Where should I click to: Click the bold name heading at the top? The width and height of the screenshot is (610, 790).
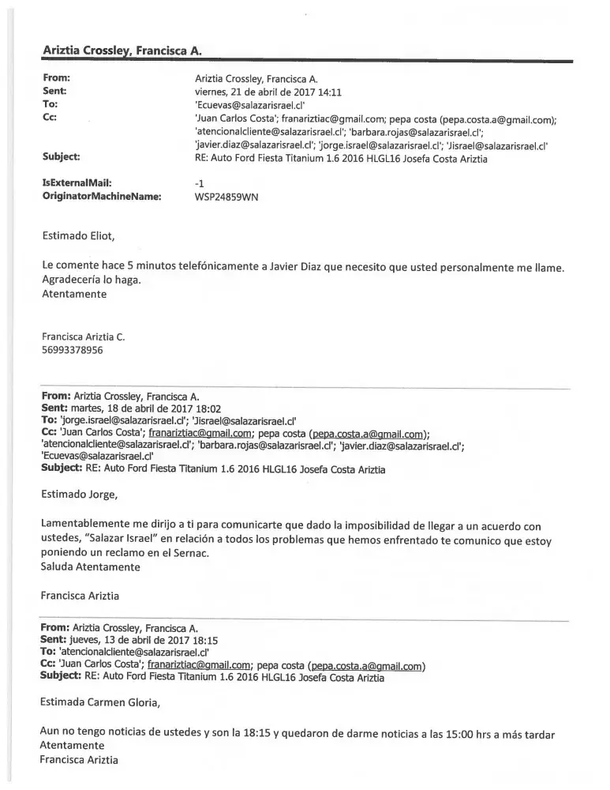[x=122, y=50]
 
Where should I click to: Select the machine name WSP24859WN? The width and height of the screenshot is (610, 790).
[x=226, y=197]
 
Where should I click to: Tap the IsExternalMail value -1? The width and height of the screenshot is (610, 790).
[x=199, y=183]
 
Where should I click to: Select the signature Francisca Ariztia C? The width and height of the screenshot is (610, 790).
[x=83, y=336]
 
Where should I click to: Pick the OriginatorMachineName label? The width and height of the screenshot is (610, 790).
[x=102, y=197]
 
